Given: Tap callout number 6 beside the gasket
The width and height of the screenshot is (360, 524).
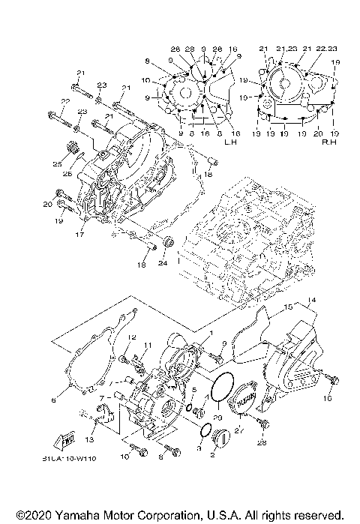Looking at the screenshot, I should (53, 400).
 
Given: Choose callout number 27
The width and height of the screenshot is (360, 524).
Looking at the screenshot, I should (241, 431).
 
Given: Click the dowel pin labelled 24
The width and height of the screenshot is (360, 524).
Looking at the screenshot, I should (167, 243).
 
